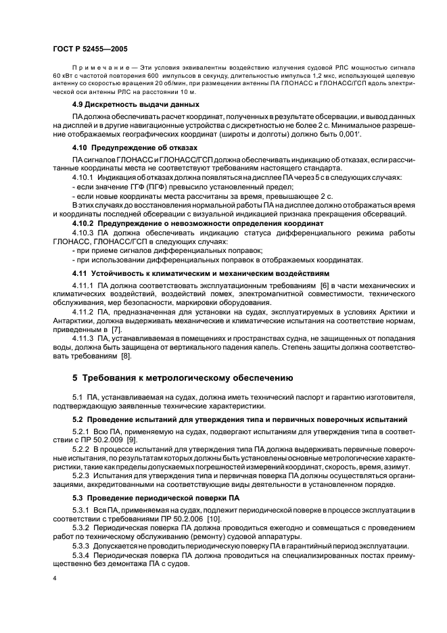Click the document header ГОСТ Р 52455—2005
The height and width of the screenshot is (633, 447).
[x=89, y=49]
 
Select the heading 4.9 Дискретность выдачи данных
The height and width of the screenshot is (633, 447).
[x=135, y=104]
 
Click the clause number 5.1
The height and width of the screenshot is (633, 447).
[x=78, y=396]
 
